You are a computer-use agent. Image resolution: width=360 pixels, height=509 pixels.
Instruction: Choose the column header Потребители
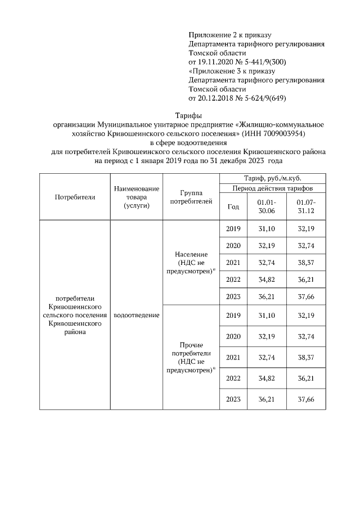pyautogui.click(x=75, y=197)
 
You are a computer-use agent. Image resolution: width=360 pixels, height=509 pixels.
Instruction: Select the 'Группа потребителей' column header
pyautogui.click(x=191, y=196)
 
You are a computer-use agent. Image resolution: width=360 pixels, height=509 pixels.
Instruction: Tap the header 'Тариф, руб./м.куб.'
pyautogui.click(x=269, y=178)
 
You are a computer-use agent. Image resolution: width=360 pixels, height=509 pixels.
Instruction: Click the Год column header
pyautogui.click(x=233, y=206)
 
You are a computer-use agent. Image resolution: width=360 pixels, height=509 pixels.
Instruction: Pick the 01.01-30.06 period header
pyautogui.click(x=267, y=206)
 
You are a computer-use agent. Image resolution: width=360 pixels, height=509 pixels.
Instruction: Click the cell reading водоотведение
pyautogui.click(x=136, y=315)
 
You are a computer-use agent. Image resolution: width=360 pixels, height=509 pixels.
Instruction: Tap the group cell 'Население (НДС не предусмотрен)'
pyautogui.click(x=191, y=263)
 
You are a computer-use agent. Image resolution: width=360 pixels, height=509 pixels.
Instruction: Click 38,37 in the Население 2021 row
pyautogui.click(x=306, y=263)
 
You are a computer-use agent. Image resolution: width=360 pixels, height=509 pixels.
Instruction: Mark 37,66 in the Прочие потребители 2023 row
pyautogui.click(x=306, y=399)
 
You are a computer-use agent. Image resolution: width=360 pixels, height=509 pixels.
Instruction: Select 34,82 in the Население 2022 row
pyautogui.click(x=267, y=280)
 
